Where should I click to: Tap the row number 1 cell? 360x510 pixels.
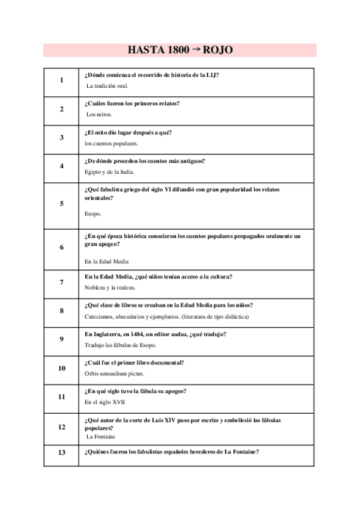[x=61, y=80]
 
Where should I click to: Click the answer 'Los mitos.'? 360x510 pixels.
[x=99, y=114]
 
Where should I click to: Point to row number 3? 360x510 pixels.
[x=61, y=138]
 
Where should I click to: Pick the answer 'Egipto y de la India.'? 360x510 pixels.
[x=109, y=172]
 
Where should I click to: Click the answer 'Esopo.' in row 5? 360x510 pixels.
[x=93, y=214]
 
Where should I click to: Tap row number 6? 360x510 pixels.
[x=61, y=247]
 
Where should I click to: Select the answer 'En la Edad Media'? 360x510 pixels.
[x=106, y=262]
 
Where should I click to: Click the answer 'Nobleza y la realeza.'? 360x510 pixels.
[x=110, y=287]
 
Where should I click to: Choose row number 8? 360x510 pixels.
[x=61, y=311]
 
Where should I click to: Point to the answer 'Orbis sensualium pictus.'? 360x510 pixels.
[x=115, y=373]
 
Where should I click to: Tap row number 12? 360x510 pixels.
[x=61, y=427]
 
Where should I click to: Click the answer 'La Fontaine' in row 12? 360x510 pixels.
[x=101, y=437]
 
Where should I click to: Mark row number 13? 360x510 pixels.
[x=61, y=453]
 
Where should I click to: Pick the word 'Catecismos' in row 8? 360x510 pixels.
[x=99, y=316]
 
